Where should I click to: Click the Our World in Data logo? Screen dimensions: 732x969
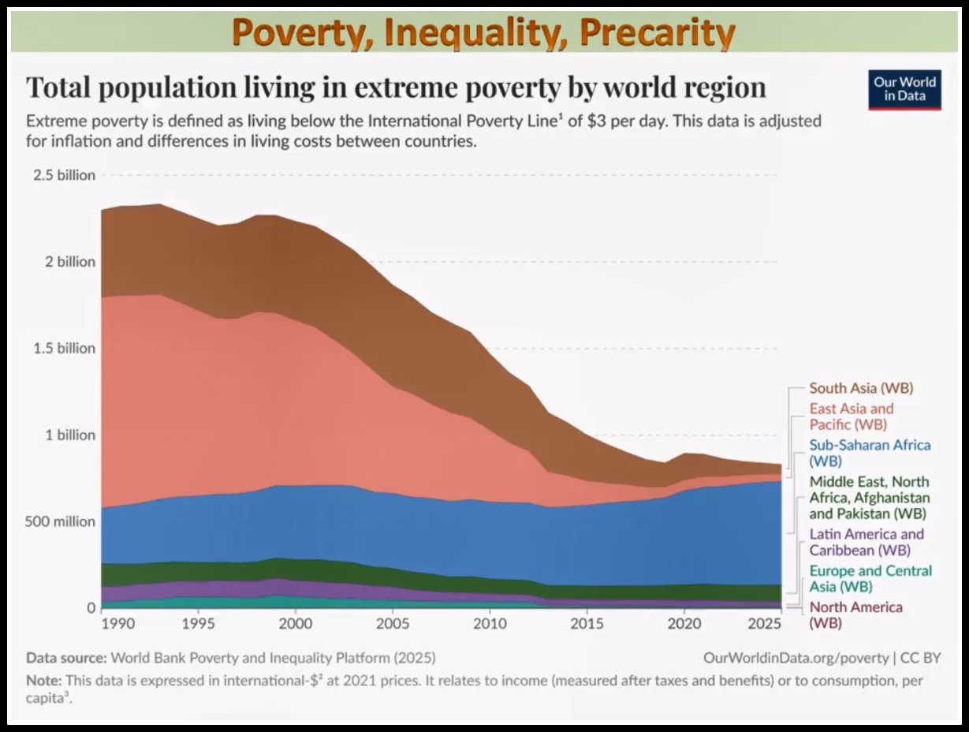click(x=904, y=90)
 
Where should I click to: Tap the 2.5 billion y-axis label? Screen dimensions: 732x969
click(x=64, y=175)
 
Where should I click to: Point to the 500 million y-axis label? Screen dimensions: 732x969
click(x=60, y=521)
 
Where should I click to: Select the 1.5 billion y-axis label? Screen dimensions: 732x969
click(x=64, y=348)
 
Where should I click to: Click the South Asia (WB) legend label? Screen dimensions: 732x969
click(x=861, y=388)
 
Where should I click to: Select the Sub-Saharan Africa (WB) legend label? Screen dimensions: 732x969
click(x=870, y=453)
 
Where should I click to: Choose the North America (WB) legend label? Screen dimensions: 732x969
click(x=855, y=614)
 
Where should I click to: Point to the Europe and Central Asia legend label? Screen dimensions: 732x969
click(x=870, y=578)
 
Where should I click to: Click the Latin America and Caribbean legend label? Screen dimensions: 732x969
click(x=867, y=542)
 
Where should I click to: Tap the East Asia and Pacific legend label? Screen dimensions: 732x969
click(x=852, y=416)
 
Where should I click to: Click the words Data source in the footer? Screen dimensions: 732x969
click(x=66, y=657)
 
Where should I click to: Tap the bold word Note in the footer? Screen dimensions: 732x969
click(x=43, y=680)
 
